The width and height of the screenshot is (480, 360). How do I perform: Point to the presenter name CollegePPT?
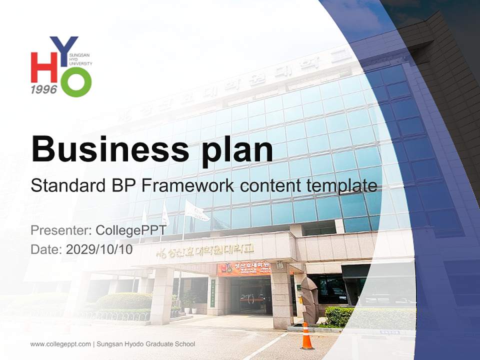point(131,230)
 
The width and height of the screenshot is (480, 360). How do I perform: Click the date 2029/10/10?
point(99,249)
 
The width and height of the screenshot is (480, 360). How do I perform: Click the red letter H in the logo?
point(44,67)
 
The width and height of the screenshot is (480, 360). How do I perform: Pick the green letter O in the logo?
point(76,82)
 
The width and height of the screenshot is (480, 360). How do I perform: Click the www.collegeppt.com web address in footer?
point(60,344)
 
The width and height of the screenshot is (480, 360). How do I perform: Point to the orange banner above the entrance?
point(244,268)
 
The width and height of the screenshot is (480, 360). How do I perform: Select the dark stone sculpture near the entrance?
point(310,300)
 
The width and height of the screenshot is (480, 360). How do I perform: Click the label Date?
point(46,249)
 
